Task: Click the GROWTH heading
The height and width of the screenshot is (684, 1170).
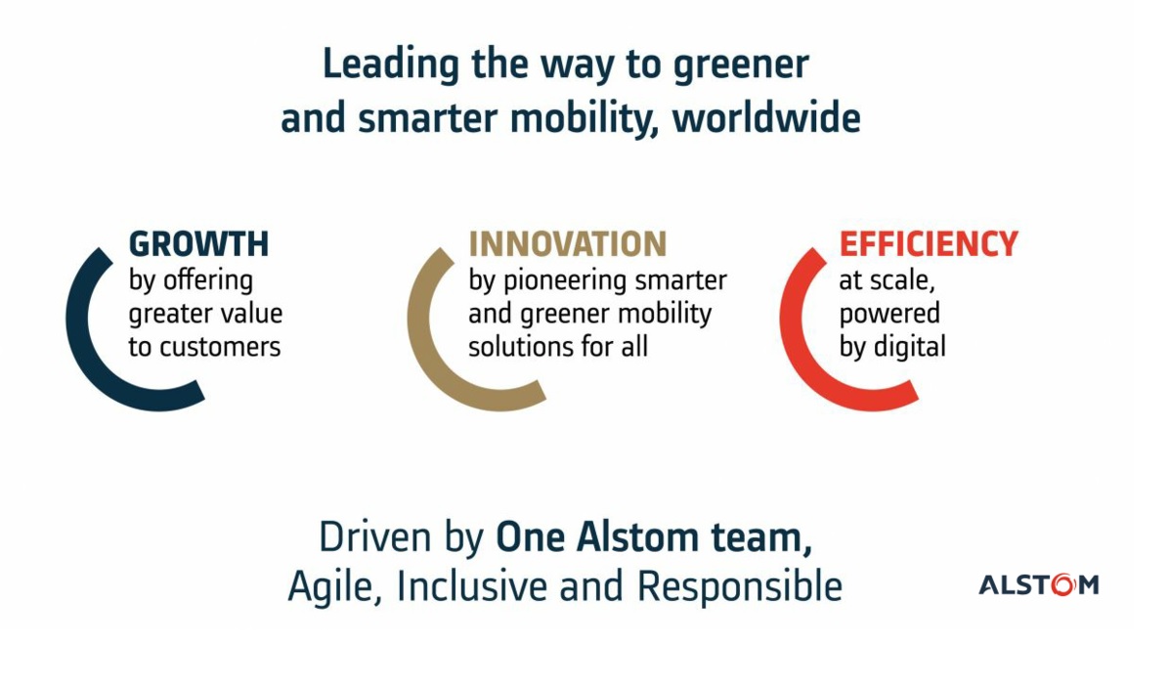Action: [198, 244]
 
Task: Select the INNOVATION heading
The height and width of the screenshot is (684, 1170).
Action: [567, 244]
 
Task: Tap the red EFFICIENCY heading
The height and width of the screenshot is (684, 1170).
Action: [929, 244]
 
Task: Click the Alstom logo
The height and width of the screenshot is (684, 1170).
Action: [1039, 584]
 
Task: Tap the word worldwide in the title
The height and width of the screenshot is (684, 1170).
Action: [766, 118]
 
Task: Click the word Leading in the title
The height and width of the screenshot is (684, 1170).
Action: [390, 65]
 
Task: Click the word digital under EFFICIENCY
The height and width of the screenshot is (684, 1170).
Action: [908, 347]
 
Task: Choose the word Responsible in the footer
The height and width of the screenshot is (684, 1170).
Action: [740, 585]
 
